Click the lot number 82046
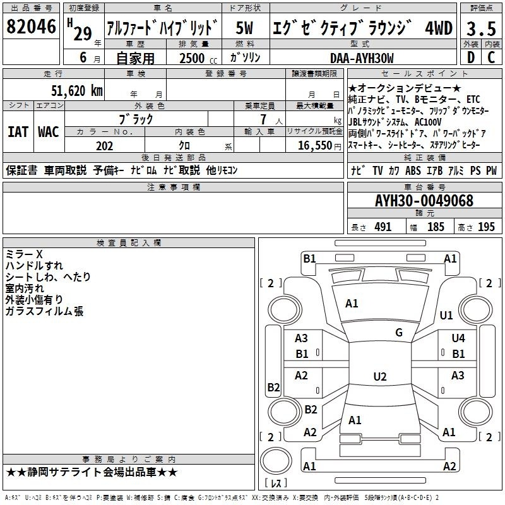[31, 27]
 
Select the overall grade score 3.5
[481, 28]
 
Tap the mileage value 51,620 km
[77, 90]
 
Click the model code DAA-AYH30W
[362, 58]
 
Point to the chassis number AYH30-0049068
[424, 201]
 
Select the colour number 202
[104, 146]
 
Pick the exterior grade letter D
[471, 57]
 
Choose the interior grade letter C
[491, 57]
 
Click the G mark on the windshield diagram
[399, 333]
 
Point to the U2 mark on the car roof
[380, 376]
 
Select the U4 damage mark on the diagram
[458, 338]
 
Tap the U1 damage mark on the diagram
[446, 315]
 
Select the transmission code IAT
[18, 132]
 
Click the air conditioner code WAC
[49, 132]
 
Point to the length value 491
[383, 227]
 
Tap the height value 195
[486, 227]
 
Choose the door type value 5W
[244, 28]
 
